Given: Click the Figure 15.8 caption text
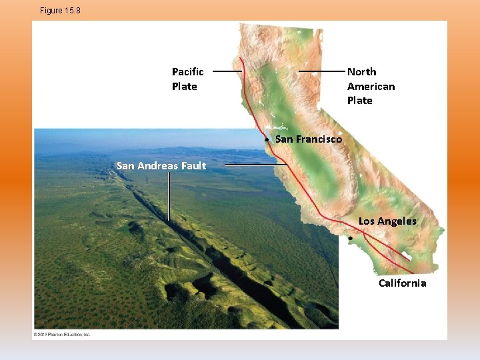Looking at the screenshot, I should coord(60,11).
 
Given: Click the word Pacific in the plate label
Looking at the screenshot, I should coord(188,72).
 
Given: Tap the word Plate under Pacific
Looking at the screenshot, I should coord(185,87).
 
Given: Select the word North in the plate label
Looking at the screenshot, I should coord(361,72).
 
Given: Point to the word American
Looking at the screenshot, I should coord(371,87).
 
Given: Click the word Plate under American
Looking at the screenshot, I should coord(360,101).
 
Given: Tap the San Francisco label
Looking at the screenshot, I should coord(308,139).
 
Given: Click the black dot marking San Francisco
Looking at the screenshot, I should coord(266,141).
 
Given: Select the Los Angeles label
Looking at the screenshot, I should coord(387,221).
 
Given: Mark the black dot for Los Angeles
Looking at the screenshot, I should coord(350,237).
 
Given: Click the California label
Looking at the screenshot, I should coord(402,283).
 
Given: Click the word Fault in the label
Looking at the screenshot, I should coord(194,166).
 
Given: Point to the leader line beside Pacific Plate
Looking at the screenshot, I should coord(227,71).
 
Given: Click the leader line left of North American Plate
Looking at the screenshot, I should coord(321,71).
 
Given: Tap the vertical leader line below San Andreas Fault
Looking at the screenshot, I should coord(169,197).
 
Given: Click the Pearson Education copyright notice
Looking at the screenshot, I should coord(61,334).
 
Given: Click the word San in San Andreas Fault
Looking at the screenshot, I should coord(125,166).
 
